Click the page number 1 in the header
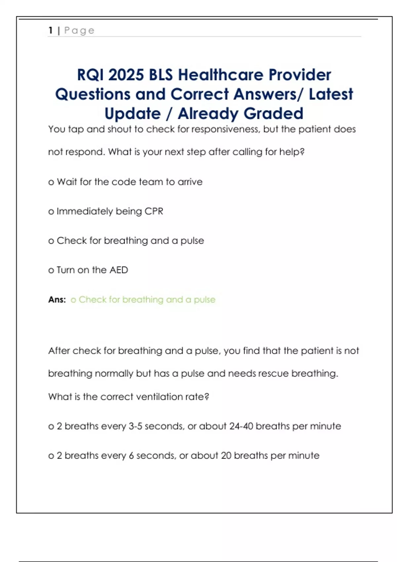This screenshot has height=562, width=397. tap(51, 30)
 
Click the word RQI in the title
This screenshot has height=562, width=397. tap(90, 75)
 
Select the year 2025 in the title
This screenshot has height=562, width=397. tap(126, 75)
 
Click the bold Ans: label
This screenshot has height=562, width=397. tap(57, 300)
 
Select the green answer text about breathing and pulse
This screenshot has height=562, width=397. tap(143, 300)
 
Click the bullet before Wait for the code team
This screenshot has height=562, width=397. tap(51, 182)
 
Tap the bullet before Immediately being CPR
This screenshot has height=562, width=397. tap(51, 212)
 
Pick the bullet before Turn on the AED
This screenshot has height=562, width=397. tap(51, 270)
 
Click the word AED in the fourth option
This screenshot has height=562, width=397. tap(118, 270)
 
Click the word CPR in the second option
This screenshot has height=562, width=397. tap(154, 211)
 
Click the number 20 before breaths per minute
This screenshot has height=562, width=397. tap(226, 456)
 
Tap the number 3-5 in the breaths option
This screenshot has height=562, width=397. tap(135, 426)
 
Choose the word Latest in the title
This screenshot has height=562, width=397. tap(331, 94)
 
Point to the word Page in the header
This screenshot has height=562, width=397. tap(79, 30)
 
